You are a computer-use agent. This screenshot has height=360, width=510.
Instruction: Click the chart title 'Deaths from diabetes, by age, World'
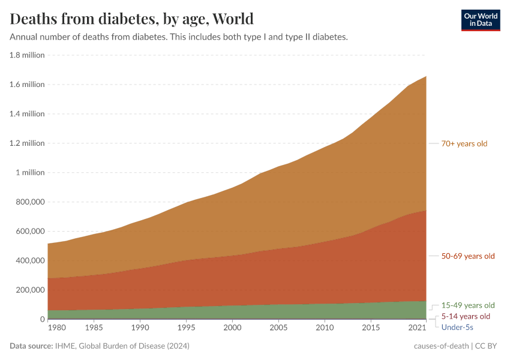[x=132, y=19]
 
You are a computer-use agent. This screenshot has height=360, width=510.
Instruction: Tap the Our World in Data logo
[x=480, y=20]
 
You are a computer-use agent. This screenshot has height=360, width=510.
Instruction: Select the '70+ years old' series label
[x=464, y=143]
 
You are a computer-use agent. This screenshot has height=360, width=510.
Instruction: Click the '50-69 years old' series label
[x=468, y=256]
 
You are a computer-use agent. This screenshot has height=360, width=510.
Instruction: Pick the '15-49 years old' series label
[x=468, y=305]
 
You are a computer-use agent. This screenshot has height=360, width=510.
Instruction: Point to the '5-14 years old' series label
[x=466, y=316]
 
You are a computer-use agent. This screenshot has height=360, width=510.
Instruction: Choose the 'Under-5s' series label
[x=457, y=327]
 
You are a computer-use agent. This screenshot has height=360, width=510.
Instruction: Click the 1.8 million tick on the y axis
[x=28, y=55]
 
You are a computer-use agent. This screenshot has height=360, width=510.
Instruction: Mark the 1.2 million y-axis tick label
[x=28, y=143]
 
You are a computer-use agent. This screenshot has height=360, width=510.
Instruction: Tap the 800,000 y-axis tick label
[x=29, y=202]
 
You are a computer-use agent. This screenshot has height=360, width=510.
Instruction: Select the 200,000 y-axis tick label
[x=29, y=290]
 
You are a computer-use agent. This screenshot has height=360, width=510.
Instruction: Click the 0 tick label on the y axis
[x=41, y=319]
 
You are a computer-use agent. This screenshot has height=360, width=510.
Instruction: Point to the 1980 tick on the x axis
[x=56, y=328]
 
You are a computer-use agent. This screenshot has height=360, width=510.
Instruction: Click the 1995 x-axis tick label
[x=186, y=328]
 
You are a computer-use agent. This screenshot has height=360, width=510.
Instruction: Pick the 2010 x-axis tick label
[x=325, y=328]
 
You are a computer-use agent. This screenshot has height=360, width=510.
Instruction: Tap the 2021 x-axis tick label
[x=416, y=328]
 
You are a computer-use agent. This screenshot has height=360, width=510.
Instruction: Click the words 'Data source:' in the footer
[x=31, y=346]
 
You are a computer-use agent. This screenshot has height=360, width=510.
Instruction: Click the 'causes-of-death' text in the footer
[x=441, y=346]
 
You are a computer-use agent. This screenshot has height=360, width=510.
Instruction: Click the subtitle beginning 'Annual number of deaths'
[x=179, y=37]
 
